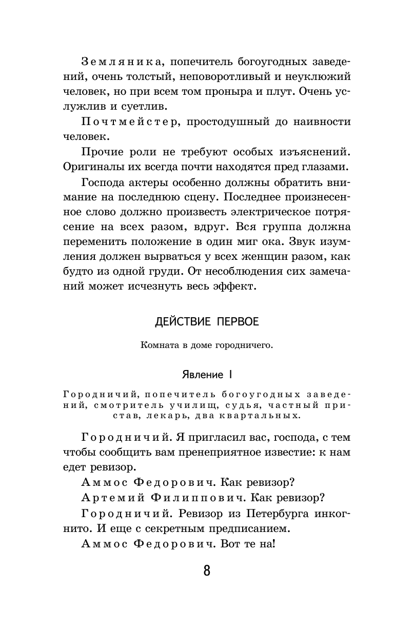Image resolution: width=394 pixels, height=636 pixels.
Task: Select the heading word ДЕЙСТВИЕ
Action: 179,322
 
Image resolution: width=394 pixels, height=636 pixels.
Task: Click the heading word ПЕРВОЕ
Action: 236,322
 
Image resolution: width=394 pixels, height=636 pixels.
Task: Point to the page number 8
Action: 207,570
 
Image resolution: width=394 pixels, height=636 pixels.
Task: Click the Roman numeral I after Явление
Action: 230,375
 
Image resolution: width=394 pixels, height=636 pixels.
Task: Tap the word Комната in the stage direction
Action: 157,345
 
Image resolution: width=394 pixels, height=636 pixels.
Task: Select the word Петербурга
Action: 272,513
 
